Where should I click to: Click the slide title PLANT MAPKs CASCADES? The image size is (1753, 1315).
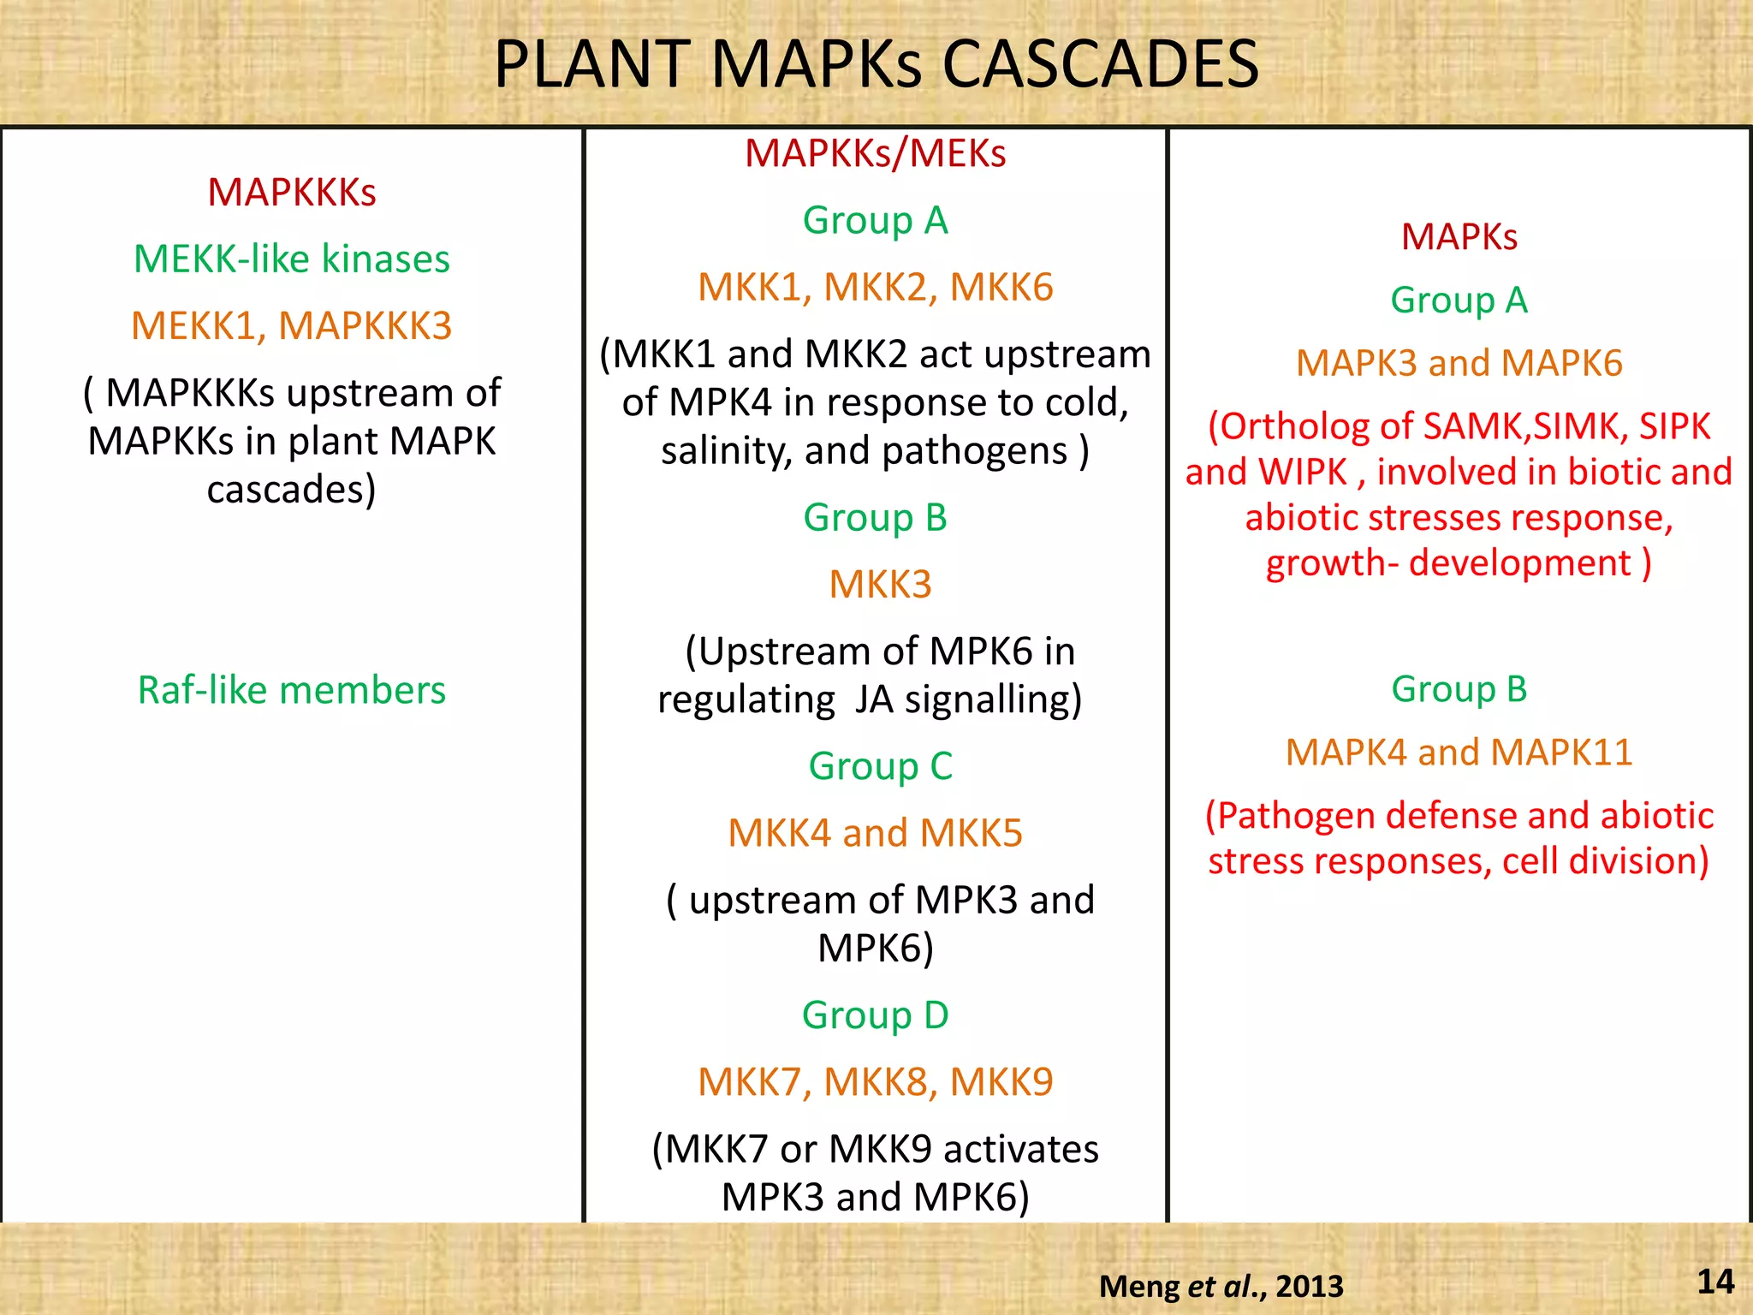876,64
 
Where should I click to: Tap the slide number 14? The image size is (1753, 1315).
1715,1282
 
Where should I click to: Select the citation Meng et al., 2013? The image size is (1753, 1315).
1221,1286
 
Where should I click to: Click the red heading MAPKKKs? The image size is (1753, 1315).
292,193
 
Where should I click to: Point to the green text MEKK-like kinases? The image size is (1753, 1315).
292,259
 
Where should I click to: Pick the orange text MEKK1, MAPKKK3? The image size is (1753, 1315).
292,325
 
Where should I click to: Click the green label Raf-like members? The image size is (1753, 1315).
292,690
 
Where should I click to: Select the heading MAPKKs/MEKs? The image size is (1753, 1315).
876,154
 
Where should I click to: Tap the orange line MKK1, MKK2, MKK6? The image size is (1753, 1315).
876,288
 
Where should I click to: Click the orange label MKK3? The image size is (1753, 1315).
880,585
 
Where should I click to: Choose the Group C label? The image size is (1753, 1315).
880,766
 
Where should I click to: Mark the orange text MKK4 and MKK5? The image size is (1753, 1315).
876,833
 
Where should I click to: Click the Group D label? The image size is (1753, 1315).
876,1015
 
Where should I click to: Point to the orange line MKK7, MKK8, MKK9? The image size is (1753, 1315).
876,1082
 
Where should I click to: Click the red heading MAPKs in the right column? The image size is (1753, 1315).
1459,237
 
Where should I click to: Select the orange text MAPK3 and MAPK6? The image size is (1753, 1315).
1459,363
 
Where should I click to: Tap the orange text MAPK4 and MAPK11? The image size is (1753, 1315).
1459,753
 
